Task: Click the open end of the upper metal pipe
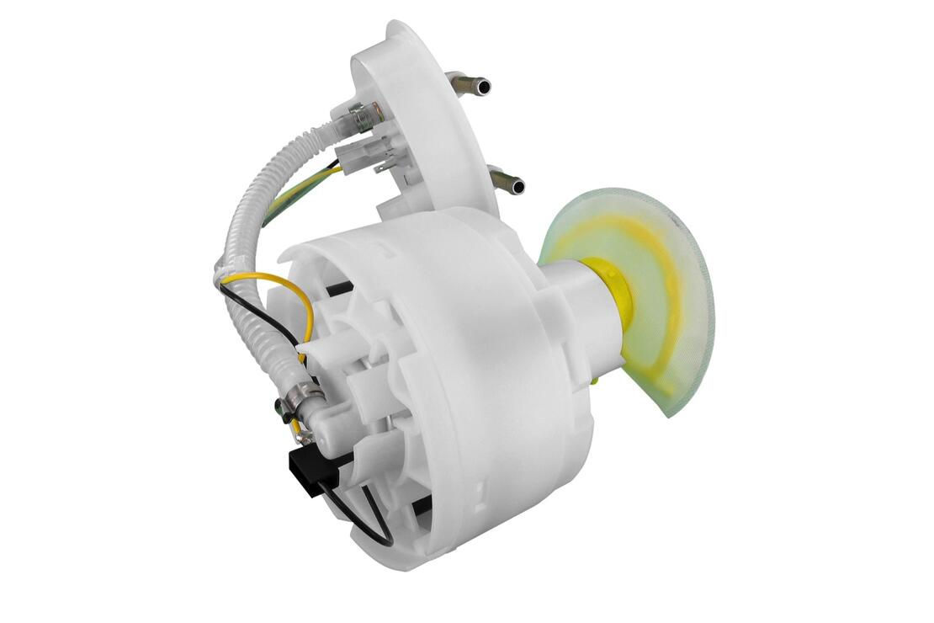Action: [x=482, y=86]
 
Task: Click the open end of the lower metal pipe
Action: [x=517, y=186]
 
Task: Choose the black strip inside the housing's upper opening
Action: [x=337, y=288]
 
